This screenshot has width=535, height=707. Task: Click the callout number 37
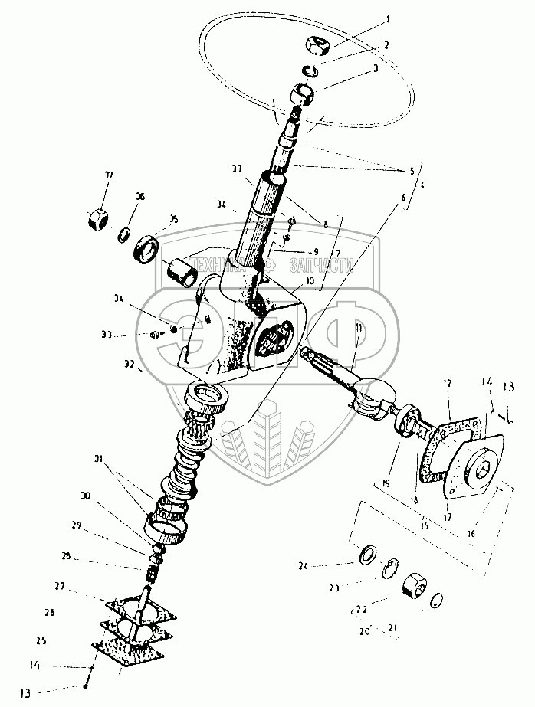click(x=108, y=175)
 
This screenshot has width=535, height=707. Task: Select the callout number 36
click(x=139, y=197)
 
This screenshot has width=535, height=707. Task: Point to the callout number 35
click(x=173, y=219)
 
